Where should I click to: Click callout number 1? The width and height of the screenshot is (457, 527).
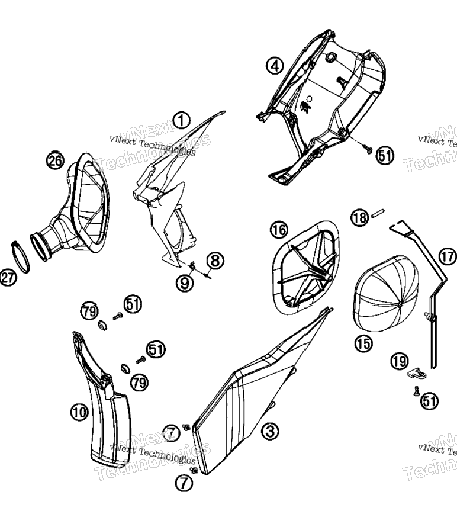[x=182, y=120]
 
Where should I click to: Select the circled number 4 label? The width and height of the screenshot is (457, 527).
[x=275, y=66]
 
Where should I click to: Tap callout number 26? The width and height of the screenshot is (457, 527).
[x=55, y=160]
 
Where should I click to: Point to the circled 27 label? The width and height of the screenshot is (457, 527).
[x=8, y=278]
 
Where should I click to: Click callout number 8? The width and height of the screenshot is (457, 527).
[x=215, y=261]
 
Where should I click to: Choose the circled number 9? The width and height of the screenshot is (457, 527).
[x=185, y=283]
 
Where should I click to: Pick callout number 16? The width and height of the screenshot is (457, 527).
[x=279, y=230]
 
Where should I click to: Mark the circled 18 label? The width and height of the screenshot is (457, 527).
[x=360, y=218]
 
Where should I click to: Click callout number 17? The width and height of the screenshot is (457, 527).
[x=448, y=257]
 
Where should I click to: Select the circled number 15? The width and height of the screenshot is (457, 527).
[x=363, y=344]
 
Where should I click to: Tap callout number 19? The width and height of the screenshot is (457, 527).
[x=400, y=361]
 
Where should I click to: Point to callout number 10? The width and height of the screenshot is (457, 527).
[x=80, y=412]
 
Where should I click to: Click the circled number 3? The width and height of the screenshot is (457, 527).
[x=270, y=431]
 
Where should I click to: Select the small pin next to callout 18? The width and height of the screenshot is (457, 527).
[x=378, y=214]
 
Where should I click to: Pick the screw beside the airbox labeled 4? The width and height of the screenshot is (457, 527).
[x=367, y=148]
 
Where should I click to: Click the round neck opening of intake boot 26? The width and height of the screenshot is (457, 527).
[x=41, y=247]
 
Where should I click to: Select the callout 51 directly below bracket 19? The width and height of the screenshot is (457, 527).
[x=430, y=401]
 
